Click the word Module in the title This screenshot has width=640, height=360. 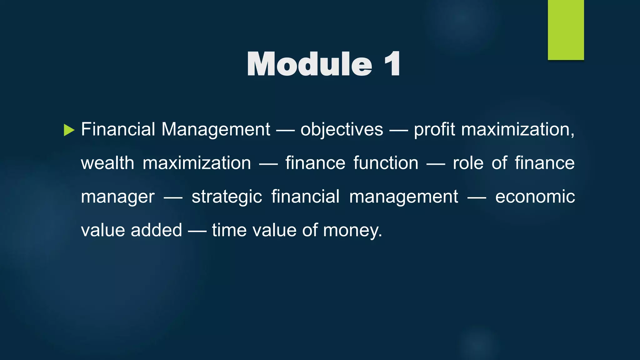[309, 64]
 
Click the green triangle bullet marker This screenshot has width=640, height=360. [69, 130]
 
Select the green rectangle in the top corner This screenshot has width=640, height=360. [566, 30]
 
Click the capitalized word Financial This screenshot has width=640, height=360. [118, 129]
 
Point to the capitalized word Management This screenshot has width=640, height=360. [216, 129]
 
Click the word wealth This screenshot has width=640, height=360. [107, 163]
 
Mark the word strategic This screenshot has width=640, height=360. [227, 197]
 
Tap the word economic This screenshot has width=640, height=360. [535, 197]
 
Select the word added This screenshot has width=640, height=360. [156, 230]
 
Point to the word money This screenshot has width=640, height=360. [352, 231]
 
